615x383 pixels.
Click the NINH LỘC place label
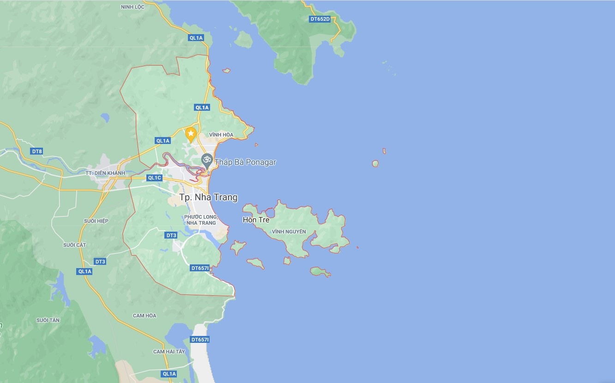pyautogui.click(x=133, y=7)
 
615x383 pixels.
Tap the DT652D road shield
pyautogui.click(x=320, y=19)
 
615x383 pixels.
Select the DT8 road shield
pyautogui.click(x=37, y=151)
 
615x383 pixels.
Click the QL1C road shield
pyautogui.click(x=154, y=178)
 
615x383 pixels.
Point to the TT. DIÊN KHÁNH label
pyautogui.click(x=105, y=173)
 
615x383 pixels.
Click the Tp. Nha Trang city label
pyautogui.click(x=209, y=197)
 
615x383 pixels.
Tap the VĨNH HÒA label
pyautogui.click(x=221, y=135)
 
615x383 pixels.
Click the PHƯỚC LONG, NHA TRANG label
pyautogui.click(x=201, y=220)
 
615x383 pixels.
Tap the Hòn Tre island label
pyautogui.click(x=256, y=220)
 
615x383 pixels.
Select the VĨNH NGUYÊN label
pyautogui.click(x=289, y=232)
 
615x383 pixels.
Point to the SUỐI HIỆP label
pyautogui.click(x=96, y=221)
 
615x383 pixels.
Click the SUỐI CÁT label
pyautogui.click(x=75, y=245)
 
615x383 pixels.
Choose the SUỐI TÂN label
pyautogui.click(x=48, y=320)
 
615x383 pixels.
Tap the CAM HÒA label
pyautogui.click(x=145, y=316)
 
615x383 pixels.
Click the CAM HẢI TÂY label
pyautogui.click(x=169, y=352)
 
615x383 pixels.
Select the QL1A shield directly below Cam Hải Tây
pyautogui.click(x=169, y=374)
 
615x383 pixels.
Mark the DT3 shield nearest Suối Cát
pyautogui.click(x=100, y=262)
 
